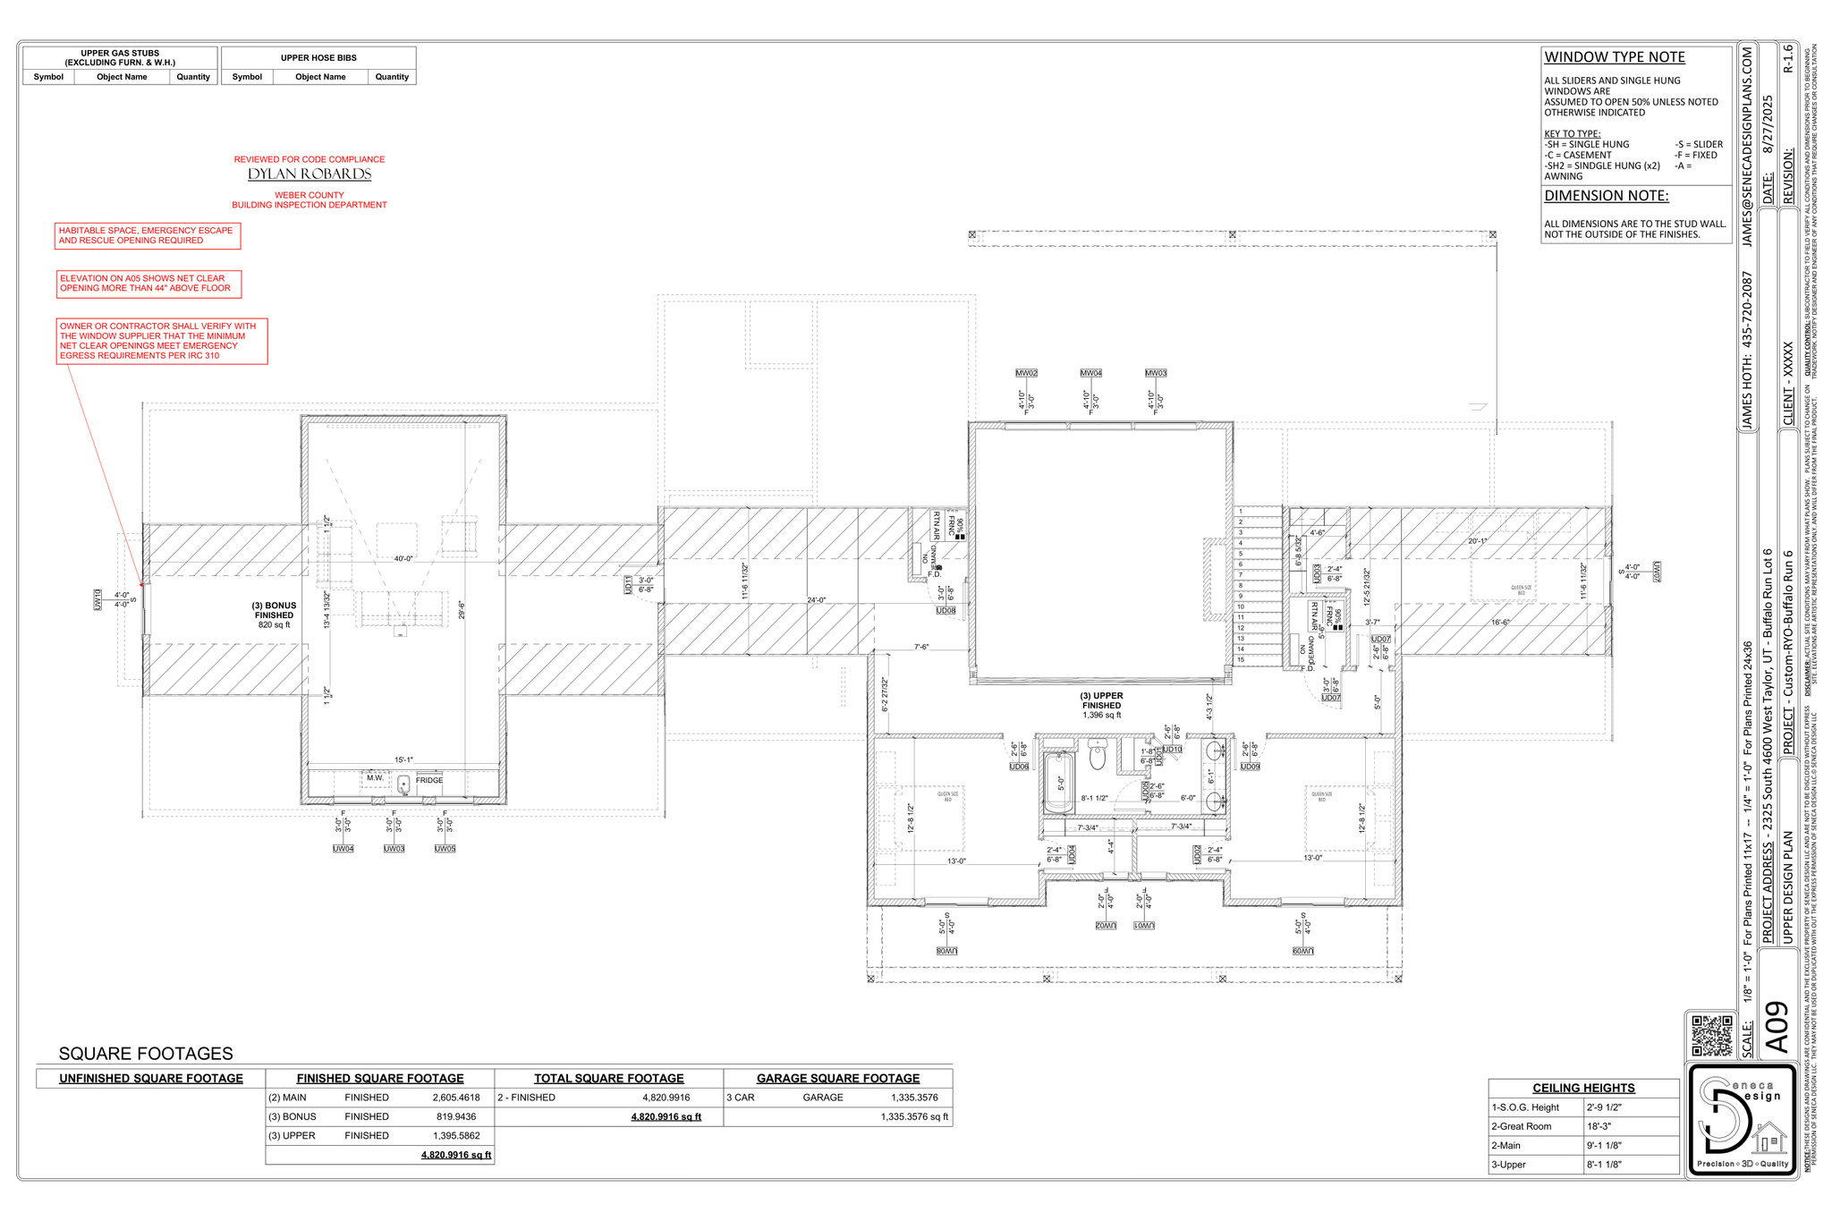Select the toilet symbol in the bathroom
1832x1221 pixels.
coord(1098,757)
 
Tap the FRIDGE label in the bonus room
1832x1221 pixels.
coord(429,780)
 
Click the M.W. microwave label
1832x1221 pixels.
coord(375,777)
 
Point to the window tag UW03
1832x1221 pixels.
coord(394,848)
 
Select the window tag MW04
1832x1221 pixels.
coord(1090,373)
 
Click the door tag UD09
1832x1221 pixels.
coord(1250,767)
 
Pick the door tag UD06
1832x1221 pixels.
coord(1019,767)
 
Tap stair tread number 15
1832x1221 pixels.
coord(1240,660)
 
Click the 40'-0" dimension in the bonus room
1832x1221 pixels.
coord(403,558)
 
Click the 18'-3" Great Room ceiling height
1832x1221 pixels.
coord(1601,1126)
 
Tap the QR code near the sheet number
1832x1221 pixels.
coord(1711,1035)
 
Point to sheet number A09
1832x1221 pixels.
coord(1778,1028)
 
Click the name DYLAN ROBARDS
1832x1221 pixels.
coord(310,174)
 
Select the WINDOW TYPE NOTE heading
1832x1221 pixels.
coord(1615,57)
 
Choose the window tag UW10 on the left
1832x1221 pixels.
coord(98,599)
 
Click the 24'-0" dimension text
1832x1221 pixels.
coord(816,600)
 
